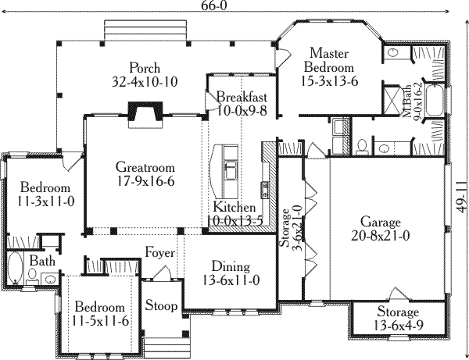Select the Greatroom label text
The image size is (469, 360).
(x=145, y=173)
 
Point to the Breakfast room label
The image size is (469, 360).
(x=242, y=103)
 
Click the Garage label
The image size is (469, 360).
(x=381, y=226)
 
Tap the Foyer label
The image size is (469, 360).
(x=159, y=251)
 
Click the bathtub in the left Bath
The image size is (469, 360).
(x=14, y=267)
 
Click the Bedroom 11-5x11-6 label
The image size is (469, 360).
(x=99, y=313)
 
